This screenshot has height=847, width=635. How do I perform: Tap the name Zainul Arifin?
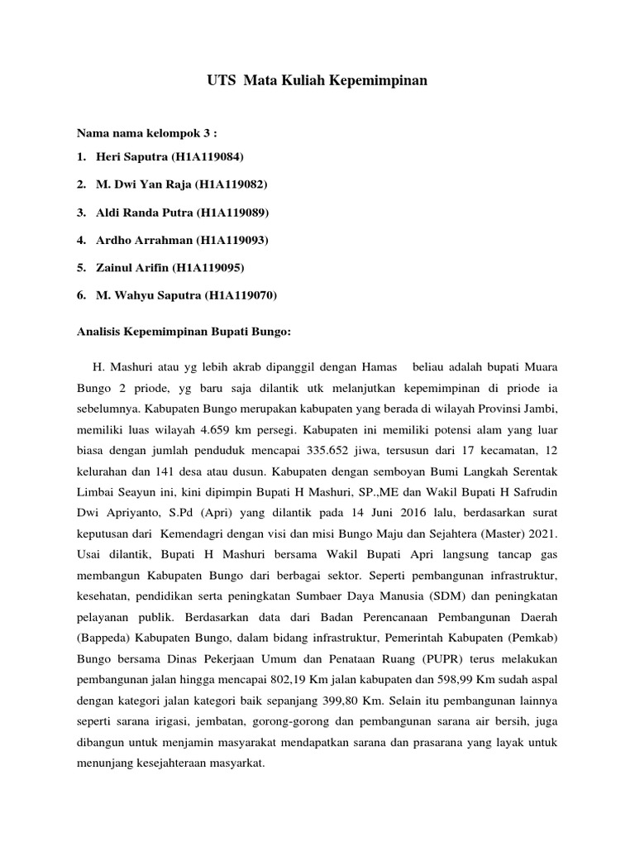point(132,267)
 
